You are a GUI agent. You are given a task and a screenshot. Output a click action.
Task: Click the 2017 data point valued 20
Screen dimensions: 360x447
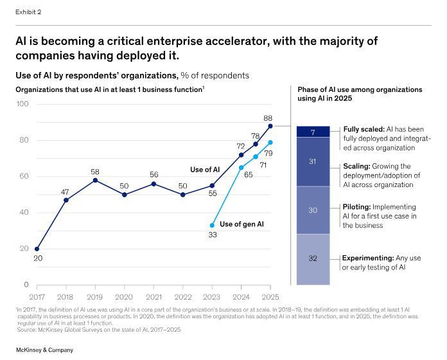pyautogui.click(x=37, y=249)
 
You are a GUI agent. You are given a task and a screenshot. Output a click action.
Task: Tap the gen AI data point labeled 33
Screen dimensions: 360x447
pyautogui.click(x=212, y=225)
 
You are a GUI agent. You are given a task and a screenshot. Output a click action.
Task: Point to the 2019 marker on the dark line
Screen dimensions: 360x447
pyautogui.click(x=95, y=180)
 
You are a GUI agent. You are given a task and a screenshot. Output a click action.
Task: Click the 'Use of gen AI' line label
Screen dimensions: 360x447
pyautogui.click(x=241, y=224)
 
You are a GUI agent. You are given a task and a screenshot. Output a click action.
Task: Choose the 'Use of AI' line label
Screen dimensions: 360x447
pyautogui.click(x=206, y=170)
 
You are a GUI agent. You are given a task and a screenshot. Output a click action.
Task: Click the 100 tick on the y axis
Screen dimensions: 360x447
pyautogui.click(x=23, y=104)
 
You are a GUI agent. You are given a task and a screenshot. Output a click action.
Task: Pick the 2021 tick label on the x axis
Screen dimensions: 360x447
pyautogui.click(x=153, y=296)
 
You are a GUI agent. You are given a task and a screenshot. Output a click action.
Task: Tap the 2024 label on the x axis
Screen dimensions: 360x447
pyautogui.click(x=241, y=296)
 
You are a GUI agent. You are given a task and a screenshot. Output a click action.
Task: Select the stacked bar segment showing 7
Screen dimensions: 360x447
pyautogui.click(x=313, y=132)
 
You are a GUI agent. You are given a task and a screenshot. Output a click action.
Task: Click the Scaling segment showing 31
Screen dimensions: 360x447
pyautogui.click(x=313, y=162)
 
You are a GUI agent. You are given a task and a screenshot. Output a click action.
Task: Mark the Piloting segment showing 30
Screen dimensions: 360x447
pyautogui.click(x=313, y=210)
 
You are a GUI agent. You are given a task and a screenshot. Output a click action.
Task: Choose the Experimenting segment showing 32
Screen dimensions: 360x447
pyautogui.click(x=313, y=259)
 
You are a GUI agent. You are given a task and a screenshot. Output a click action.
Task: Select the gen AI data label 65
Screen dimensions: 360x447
pyautogui.click(x=248, y=174)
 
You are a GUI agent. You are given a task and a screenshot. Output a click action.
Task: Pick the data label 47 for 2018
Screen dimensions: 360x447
pyautogui.click(x=65, y=192)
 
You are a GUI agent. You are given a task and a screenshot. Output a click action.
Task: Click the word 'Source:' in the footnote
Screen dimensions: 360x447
pyautogui.click(x=27, y=329)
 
